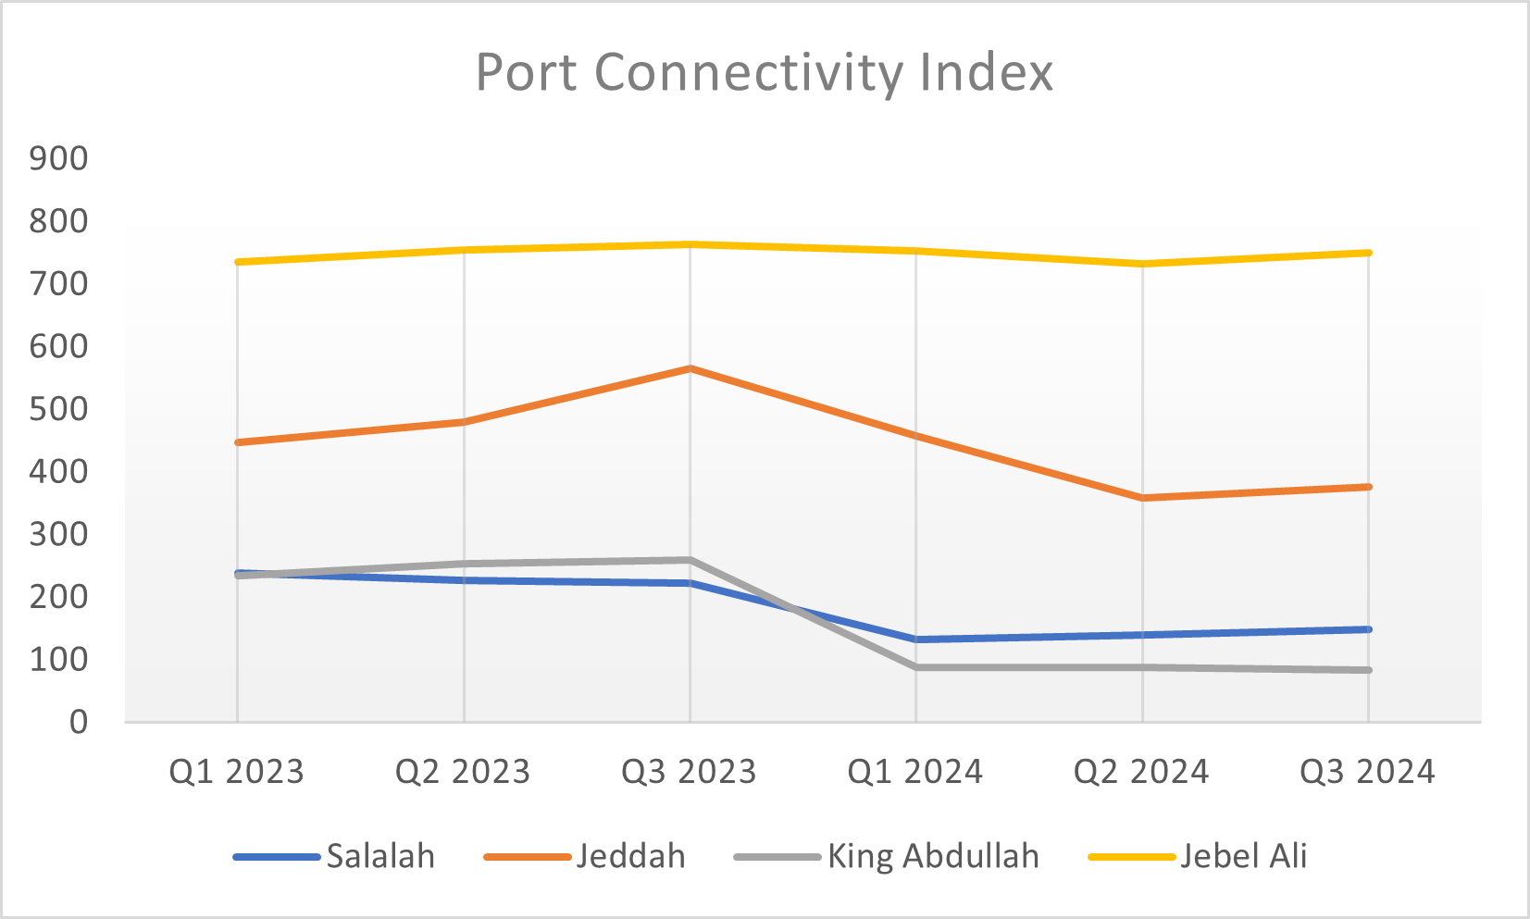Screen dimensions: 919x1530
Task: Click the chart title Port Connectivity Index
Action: point(765,72)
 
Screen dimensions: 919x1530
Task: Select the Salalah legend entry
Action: point(380,857)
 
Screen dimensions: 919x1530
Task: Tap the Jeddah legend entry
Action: point(630,857)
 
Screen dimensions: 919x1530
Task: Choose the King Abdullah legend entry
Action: point(933,857)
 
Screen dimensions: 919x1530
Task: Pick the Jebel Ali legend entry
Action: point(1243,857)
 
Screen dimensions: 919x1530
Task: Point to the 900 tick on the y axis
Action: point(59,158)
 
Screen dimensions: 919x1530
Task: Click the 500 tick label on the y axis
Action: point(59,409)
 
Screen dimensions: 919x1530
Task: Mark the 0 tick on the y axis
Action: point(79,722)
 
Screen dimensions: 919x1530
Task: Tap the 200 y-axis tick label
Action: point(59,597)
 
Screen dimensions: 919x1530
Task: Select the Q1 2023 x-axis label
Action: point(237,772)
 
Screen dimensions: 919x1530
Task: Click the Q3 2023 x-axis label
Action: point(690,772)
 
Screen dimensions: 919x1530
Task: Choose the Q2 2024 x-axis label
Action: point(1141,772)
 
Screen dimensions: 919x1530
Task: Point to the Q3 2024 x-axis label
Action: point(1367,772)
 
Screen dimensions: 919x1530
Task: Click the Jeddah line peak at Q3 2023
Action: point(690,368)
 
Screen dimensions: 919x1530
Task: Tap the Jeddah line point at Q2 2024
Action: point(1142,498)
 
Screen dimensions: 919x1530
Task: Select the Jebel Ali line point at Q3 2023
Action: point(690,244)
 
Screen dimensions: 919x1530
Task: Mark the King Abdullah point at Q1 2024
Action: point(915,667)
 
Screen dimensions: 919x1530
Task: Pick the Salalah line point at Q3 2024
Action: point(1368,629)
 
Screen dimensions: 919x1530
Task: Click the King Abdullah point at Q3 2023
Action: point(690,560)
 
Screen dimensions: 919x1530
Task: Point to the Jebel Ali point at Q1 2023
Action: point(238,262)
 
